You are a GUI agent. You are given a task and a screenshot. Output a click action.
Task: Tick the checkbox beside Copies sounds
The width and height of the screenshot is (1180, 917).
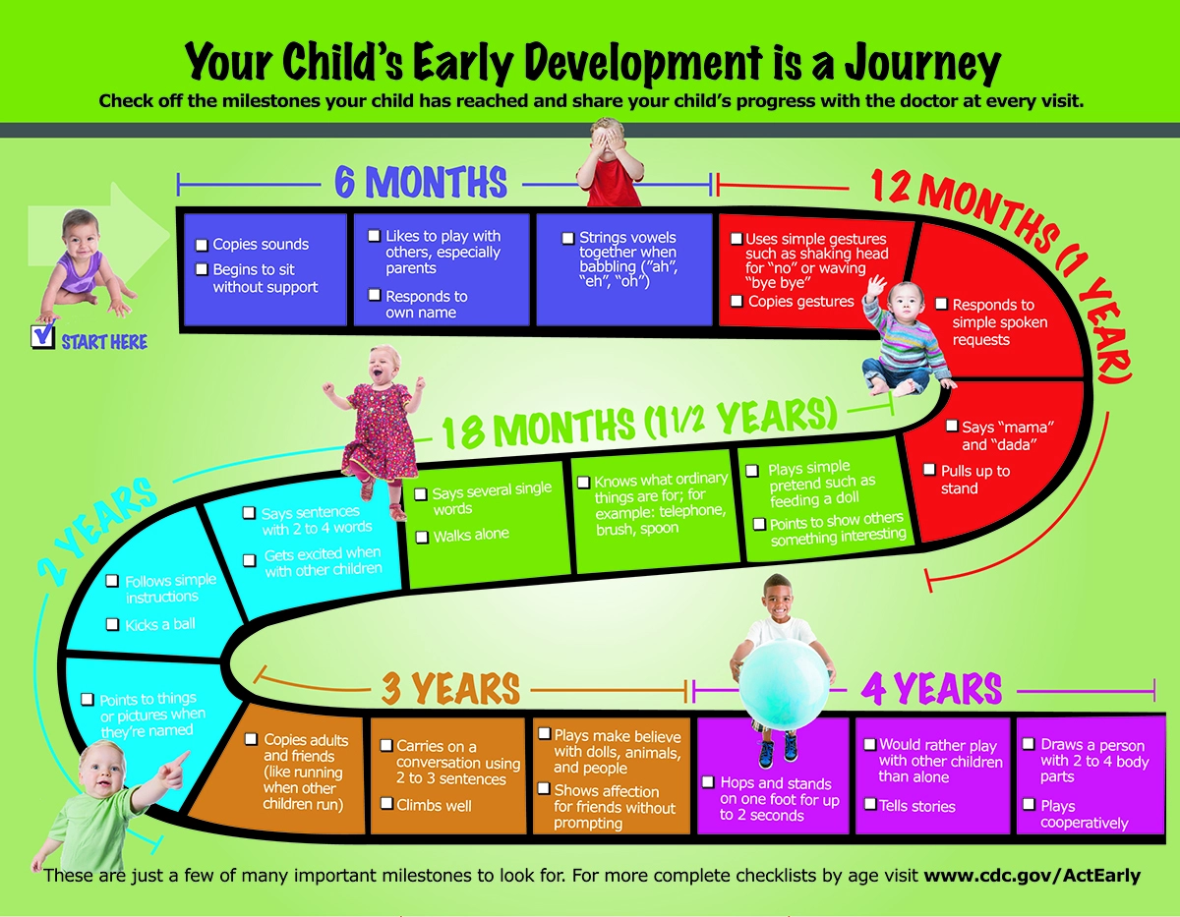202,246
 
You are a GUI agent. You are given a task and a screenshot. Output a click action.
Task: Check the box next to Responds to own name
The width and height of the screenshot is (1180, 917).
374,295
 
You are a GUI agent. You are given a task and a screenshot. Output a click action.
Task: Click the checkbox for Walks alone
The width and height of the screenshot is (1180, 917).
422,538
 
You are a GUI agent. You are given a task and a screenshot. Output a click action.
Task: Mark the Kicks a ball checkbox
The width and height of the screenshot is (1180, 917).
112,624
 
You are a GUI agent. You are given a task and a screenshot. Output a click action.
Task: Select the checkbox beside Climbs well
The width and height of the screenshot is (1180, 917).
386,804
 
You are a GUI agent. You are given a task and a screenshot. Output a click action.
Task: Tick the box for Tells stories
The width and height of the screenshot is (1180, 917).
870,804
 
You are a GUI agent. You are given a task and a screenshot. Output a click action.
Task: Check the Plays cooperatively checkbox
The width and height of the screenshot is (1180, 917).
1029,804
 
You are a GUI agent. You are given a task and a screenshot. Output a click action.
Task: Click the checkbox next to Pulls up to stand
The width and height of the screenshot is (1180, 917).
929,470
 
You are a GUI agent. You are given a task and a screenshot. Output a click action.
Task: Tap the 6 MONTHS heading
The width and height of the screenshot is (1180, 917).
420,182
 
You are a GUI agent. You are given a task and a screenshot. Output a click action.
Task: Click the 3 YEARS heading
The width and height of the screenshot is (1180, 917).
450,689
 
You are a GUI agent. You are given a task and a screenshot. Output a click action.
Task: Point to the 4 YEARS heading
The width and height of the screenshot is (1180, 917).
931,689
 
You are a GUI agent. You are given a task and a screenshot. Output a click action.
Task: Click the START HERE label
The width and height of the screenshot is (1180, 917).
104,342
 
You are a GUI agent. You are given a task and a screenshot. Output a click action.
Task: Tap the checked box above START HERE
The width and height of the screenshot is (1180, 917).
43,335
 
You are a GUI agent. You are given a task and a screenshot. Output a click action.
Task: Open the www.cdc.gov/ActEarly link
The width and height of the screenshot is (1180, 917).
1032,875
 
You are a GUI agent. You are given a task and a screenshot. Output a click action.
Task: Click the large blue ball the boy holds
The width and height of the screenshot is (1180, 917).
784,685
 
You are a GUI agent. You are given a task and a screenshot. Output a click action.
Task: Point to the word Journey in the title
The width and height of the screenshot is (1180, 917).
922,64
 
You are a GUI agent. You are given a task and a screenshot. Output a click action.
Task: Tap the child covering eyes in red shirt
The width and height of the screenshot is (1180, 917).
610,162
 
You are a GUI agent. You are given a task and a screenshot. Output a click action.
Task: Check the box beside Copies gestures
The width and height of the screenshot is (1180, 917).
737,301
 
